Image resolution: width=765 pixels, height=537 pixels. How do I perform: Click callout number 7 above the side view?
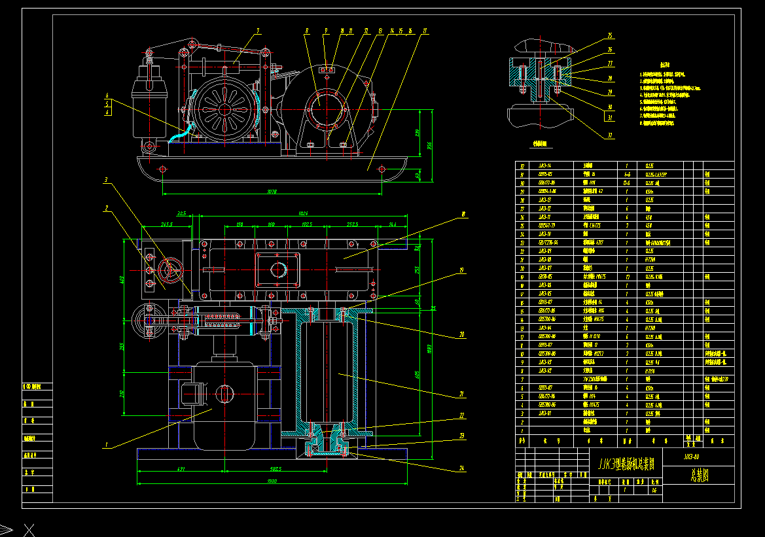point(258,30)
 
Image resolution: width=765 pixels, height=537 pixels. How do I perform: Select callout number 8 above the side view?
point(306,30)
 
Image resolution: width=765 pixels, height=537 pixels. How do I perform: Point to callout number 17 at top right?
point(425,30)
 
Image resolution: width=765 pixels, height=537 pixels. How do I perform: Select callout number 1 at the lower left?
point(105,445)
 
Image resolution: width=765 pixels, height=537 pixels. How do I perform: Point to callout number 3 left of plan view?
point(105,179)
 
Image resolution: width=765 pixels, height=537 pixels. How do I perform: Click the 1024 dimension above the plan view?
point(302,213)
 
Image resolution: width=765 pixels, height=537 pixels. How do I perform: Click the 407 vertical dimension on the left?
point(122,280)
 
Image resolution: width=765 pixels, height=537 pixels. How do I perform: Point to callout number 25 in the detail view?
point(609,35)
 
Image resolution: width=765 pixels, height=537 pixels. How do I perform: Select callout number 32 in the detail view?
point(609,135)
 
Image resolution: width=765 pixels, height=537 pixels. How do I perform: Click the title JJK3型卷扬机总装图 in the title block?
point(626,464)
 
